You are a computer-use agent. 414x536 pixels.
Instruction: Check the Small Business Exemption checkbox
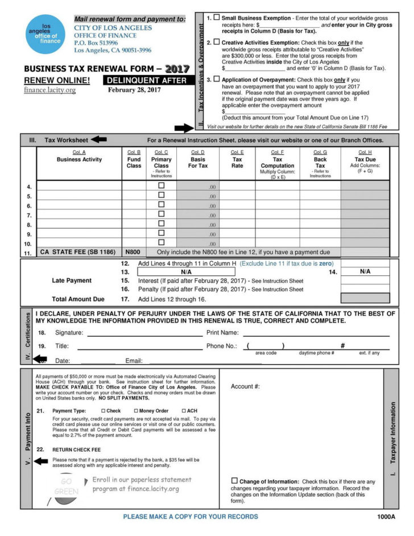coord(216,18)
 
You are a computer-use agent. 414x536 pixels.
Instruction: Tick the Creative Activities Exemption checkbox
coord(216,42)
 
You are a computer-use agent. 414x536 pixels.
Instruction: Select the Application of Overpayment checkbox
coord(216,79)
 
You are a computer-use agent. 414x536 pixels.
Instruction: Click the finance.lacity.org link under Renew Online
coord(49,90)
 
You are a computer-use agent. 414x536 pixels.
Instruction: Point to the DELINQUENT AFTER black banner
coord(147,81)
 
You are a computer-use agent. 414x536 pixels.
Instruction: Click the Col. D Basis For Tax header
coord(198,159)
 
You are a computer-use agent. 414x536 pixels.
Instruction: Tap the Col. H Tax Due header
coord(365,159)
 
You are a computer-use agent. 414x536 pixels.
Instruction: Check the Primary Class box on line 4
coord(162,185)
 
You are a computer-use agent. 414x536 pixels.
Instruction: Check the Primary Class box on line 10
coord(162,242)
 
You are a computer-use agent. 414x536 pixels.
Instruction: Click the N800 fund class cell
coord(133,252)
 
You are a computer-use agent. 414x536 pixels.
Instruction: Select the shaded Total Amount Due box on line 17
coord(365,298)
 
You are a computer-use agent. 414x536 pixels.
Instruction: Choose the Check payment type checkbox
coord(103,411)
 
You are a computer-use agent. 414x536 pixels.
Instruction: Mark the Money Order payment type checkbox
coord(136,411)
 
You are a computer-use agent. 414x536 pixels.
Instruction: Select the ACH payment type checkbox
coord(184,411)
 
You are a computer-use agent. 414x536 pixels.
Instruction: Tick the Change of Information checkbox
coord(234,481)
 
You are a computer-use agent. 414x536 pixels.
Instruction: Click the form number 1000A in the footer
coord(390,517)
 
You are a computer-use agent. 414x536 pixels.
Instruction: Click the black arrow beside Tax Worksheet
coord(99,139)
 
